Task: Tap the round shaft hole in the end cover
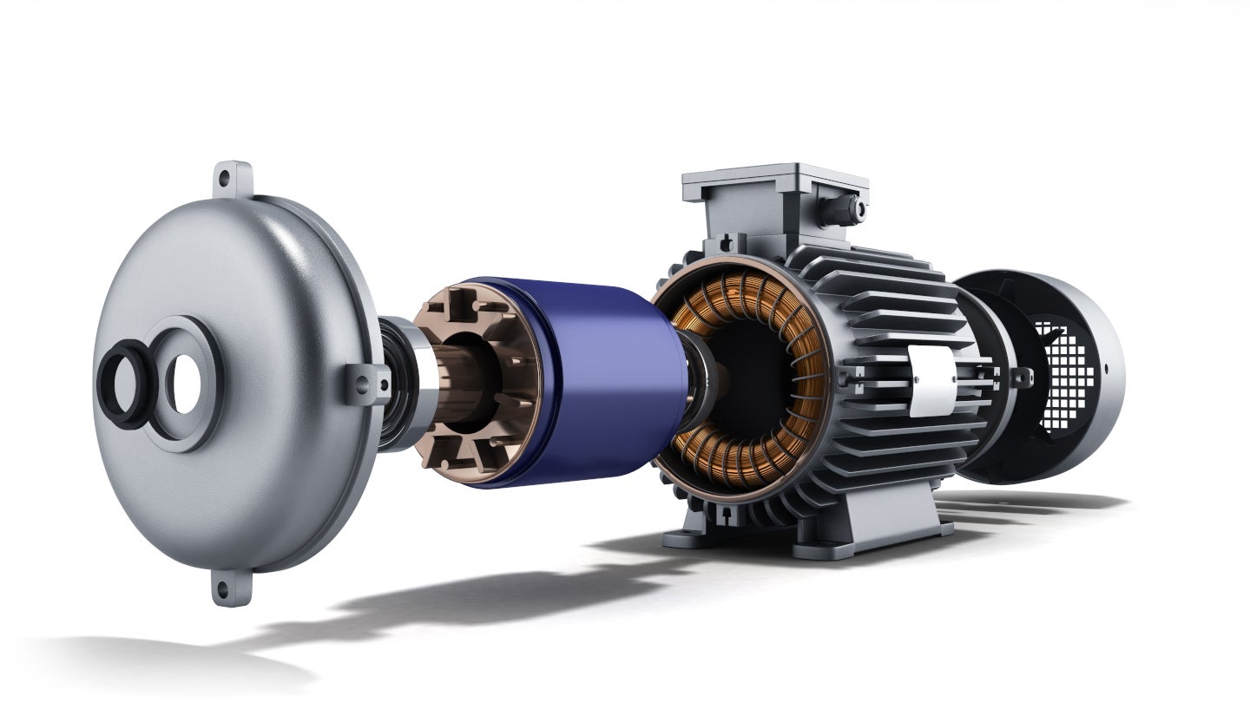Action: tap(185, 384)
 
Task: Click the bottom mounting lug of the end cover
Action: tap(222, 589)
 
